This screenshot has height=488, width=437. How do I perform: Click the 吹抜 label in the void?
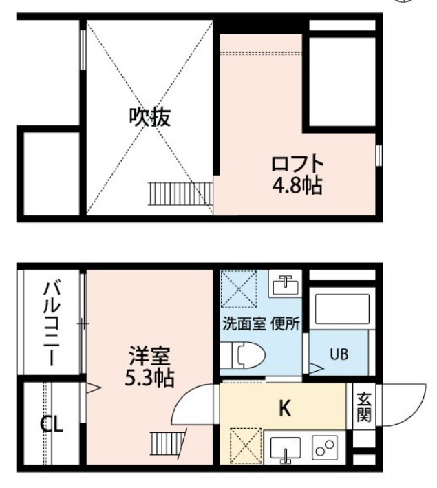tap(150, 117)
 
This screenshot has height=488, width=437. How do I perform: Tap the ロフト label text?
tap(297, 164)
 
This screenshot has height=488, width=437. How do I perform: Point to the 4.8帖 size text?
tap(297, 186)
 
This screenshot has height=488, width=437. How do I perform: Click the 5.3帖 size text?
tap(149, 377)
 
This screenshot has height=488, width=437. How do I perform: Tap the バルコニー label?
tap(52, 323)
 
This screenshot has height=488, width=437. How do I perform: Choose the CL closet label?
tap(52, 424)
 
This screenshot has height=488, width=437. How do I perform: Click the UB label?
tap(339, 354)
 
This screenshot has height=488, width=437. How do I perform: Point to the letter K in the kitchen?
tap(285, 408)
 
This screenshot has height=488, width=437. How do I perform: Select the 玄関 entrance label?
tap(364, 407)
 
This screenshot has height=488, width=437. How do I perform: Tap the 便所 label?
tap(285, 324)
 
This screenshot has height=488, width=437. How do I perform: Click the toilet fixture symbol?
tap(242, 355)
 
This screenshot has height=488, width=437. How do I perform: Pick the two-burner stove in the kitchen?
tap(324, 447)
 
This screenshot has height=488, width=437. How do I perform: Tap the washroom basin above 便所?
tap(285, 285)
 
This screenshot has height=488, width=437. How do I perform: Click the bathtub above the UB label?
tap(342, 309)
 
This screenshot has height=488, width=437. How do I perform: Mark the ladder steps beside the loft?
tap(180, 193)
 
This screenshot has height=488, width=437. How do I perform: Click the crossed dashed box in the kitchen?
tap(246, 446)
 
